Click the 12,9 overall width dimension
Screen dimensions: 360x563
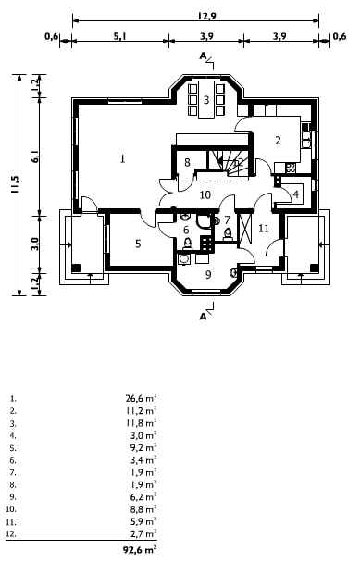(206, 16)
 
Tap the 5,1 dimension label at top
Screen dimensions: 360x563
(119, 36)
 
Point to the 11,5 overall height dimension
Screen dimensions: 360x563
(15, 184)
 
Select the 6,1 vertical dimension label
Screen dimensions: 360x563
(35, 156)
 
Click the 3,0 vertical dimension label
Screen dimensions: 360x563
(35, 244)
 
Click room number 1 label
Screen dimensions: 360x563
(123, 158)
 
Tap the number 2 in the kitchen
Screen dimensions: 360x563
(278, 141)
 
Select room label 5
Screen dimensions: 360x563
(138, 244)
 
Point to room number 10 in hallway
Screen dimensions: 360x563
(205, 195)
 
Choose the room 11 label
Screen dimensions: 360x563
(264, 229)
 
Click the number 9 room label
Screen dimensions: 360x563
(208, 275)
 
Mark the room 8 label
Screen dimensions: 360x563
(187, 162)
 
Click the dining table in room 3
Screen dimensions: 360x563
(206, 99)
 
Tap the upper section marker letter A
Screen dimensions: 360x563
(204, 56)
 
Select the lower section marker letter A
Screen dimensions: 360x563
(204, 317)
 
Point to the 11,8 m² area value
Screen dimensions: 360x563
(141, 422)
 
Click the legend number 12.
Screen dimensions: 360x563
(11, 534)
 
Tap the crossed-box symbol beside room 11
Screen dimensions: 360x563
(246, 229)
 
